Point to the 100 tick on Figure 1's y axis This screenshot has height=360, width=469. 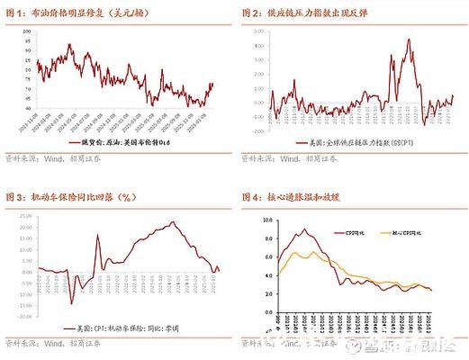click(x=26, y=30)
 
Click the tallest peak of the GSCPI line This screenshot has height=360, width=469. click(x=409, y=40)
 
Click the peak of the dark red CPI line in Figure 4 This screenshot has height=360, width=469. click(x=304, y=229)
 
